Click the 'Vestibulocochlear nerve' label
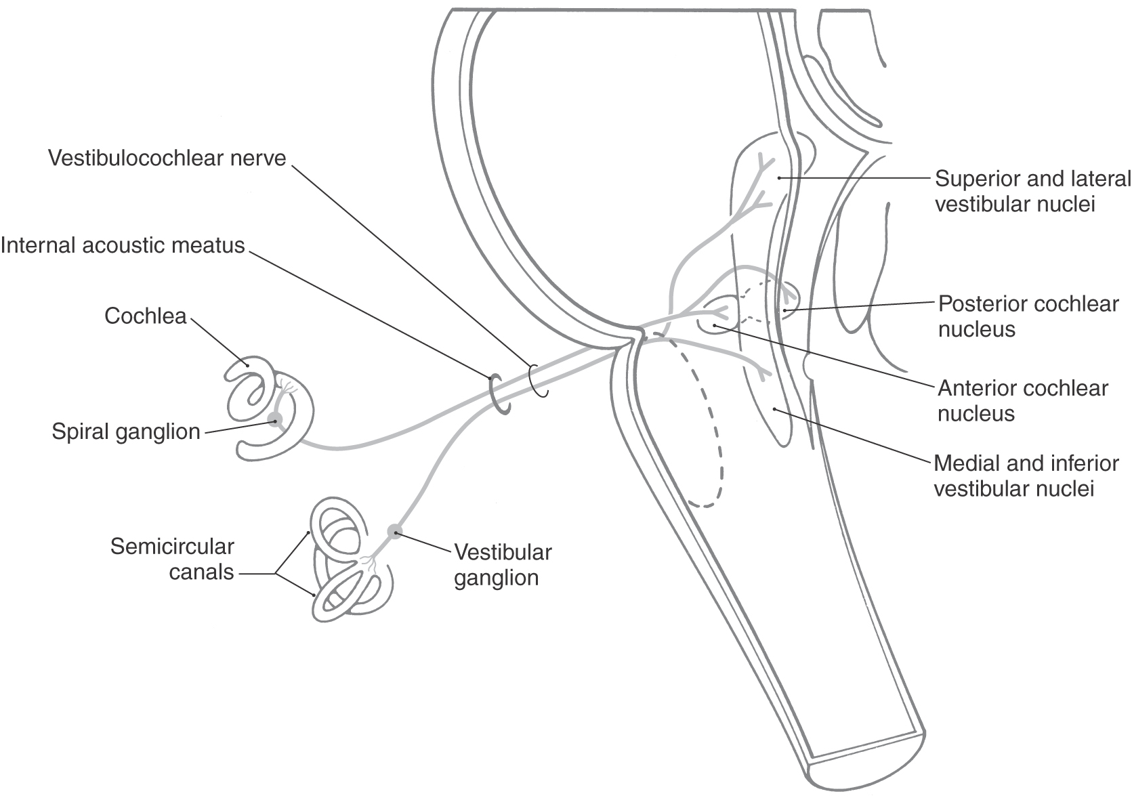pos(167,158)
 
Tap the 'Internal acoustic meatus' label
pos(123,245)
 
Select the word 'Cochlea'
pos(145,316)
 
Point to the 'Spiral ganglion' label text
pos(126,431)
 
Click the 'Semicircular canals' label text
pos(172,559)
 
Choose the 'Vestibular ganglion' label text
pos(503,565)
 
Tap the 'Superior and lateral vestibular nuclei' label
pos(1032,191)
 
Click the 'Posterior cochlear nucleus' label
pos(1028,316)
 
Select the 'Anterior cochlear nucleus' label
pos(1022,400)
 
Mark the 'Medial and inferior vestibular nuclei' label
pos(1026,476)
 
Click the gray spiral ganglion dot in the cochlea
pos(274,419)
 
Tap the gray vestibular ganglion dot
pos(394,531)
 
